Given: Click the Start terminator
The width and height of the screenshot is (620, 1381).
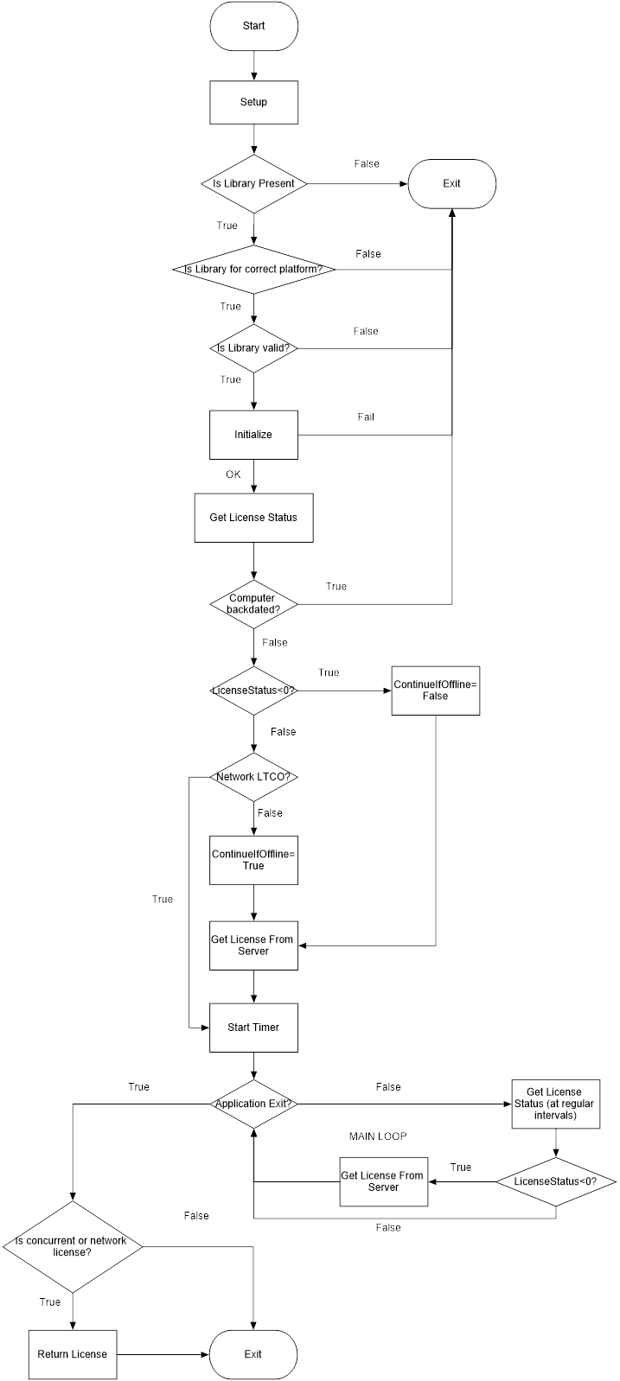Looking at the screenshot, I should click(253, 26).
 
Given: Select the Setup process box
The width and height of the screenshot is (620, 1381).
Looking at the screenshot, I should click(253, 102).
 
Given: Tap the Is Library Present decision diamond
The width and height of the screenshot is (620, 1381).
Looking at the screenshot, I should click(253, 183).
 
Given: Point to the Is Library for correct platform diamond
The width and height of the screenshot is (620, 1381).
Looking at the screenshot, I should click(253, 269).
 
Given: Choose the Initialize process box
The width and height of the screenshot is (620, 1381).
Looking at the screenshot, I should click(253, 434).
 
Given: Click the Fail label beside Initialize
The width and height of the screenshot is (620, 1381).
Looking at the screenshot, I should click(366, 417).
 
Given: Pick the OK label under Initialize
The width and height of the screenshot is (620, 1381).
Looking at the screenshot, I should click(233, 474).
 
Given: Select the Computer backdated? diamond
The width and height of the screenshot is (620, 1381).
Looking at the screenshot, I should click(253, 604).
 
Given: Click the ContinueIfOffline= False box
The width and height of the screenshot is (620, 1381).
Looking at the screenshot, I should click(435, 690).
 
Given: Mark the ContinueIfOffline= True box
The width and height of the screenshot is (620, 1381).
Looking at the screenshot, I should click(253, 860).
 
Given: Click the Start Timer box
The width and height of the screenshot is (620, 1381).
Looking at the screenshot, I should click(253, 1028).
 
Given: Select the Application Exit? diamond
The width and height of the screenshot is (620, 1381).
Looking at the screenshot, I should click(253, 1104).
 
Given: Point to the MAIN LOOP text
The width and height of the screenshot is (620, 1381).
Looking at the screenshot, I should click(378, 1136).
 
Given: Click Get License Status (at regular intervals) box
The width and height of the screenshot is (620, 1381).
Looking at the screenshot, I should click(554, 1104).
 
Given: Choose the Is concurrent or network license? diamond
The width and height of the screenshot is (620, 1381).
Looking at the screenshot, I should click(72, 1246).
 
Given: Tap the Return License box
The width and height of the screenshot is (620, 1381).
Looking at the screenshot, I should click(72, 1353).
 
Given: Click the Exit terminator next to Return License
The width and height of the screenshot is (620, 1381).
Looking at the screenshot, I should click(253, 1353).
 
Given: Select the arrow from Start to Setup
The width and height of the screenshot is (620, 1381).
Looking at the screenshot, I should click(253, 66).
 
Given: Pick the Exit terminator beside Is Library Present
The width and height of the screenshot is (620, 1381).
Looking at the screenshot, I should click(451, 183).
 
